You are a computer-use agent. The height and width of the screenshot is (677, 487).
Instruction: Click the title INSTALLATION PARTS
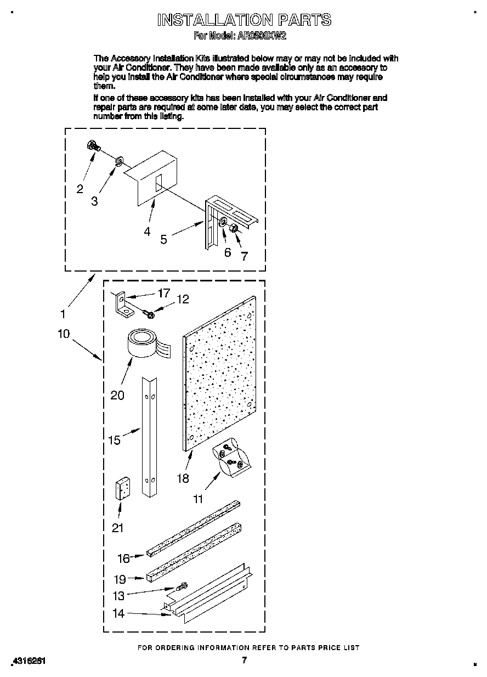click(244, 20)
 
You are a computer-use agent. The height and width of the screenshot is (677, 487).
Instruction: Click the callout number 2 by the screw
click(80, 189)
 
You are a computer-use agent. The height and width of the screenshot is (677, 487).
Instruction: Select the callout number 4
click(147, 232)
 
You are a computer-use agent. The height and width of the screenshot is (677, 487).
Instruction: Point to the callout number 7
click(245, 255)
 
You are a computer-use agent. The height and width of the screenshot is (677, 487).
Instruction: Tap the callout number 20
click(117, 394)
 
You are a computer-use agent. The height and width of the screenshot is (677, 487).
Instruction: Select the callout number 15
click(114, 440)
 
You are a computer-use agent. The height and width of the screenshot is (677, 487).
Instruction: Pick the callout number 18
click(183, 478)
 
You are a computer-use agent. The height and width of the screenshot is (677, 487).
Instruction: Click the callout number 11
click(198, 499)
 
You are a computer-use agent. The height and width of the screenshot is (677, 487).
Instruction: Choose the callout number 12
click(182, 299)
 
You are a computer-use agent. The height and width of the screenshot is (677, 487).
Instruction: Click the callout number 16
click(123, 558)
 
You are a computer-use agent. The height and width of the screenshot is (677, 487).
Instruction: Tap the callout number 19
click(120, 579)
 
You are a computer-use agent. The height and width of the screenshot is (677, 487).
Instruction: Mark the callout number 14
click(118, 613)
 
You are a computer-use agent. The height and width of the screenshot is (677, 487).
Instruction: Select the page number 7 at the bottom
click(245, 660)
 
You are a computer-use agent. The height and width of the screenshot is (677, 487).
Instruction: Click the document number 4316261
click(27, 662)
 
